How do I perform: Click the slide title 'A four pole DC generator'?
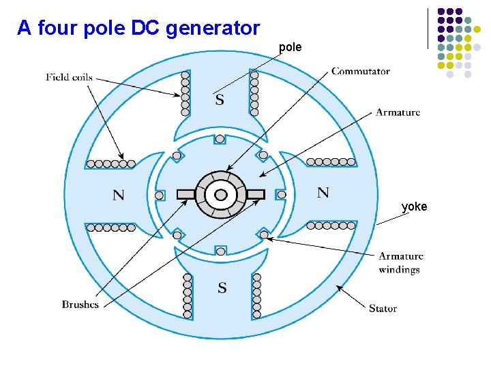138,28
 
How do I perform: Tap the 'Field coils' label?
69,77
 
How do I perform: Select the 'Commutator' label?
361,71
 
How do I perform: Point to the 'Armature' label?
398,112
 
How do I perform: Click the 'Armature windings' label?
400,262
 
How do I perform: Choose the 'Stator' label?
383,308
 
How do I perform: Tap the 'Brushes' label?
80,305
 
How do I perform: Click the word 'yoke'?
414,206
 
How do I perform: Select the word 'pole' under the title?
290,48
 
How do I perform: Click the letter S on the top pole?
220,100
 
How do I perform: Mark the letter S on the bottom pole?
222,288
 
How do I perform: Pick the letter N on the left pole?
118,195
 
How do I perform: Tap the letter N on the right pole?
323,192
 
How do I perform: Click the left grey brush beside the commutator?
185,194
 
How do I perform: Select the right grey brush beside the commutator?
255,194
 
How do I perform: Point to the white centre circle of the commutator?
220,195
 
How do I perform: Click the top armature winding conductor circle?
220,139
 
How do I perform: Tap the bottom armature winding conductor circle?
220,251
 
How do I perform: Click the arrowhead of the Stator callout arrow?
339,288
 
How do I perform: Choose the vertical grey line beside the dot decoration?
428,28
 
